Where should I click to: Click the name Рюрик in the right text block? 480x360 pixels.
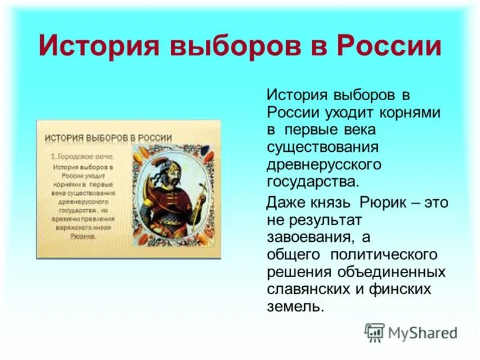[x=383, y=202]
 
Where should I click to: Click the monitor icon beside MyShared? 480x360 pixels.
[x=374, y=332]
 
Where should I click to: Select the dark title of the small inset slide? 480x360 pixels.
[x=109, y=137]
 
